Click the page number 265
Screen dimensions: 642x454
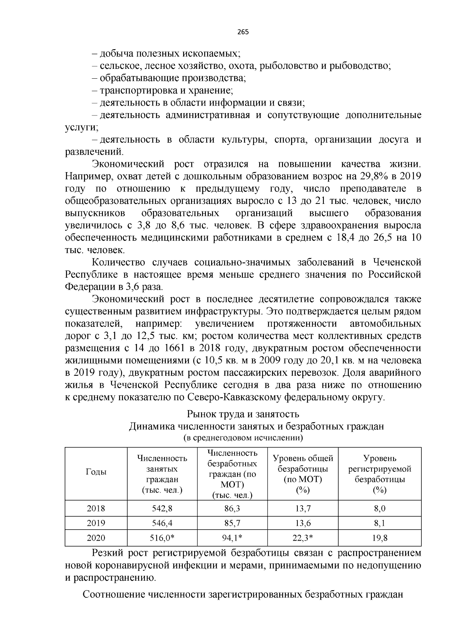243,32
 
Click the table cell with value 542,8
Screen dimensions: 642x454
162,508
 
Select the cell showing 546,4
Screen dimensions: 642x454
162,523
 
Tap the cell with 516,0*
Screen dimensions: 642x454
162,538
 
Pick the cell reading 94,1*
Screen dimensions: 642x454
232,538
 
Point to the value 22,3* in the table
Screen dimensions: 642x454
303,538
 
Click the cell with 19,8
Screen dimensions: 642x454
379,538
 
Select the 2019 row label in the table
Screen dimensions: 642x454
96,523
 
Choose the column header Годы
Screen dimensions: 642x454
96,472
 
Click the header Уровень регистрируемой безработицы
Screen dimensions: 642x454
379,474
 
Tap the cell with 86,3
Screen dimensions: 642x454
232,508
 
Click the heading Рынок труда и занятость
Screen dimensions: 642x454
243,414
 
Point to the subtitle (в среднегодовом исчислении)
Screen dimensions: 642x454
243,438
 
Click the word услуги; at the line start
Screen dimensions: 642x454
81,127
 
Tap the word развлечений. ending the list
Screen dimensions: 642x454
94,152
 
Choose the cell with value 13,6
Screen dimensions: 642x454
303,523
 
